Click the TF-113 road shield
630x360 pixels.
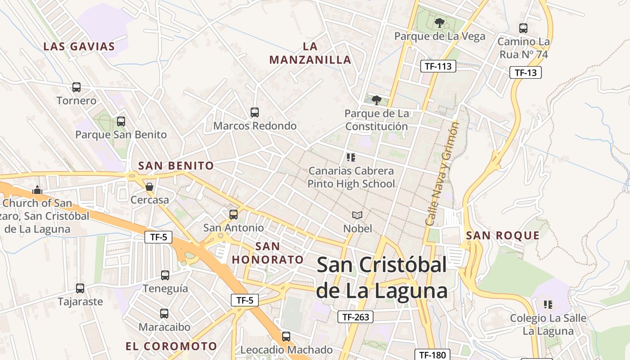click(438, 67)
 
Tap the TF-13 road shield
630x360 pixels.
click(525, 72)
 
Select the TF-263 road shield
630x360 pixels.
click(355, 317)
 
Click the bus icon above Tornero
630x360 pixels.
click(76, 87)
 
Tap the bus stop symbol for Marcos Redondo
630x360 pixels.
click(255, 112)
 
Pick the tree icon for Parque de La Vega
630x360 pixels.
click(439, 22)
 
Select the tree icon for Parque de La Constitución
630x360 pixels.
click(376, 100)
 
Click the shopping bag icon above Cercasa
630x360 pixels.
click(149, 186)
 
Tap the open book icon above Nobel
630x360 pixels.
click(357, 216)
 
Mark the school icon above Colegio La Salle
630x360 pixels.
click(548, 305)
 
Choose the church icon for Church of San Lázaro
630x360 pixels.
click(37, 190)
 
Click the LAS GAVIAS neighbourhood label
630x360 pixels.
click(79, 46)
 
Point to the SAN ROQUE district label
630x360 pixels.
click(503, 235)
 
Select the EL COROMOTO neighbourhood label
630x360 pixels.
click(171, 346)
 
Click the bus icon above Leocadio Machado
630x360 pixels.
click(286, 337)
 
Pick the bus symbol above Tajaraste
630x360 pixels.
click(80, 288)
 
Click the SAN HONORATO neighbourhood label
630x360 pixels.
click(268, 253)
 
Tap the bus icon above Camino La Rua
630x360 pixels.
click(523, 28)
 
